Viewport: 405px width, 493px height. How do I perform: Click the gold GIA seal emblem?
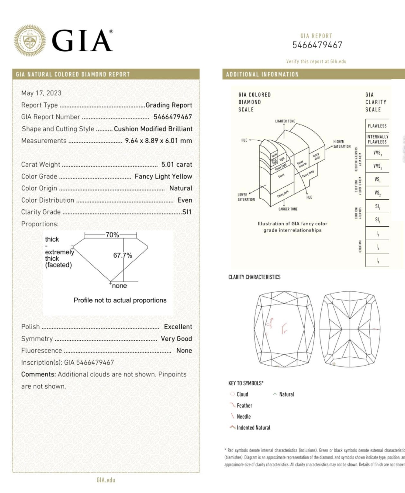coord(29,41)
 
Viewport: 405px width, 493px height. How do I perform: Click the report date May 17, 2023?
coord(41,93)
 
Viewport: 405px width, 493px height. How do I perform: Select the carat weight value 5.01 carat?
coord(176,164)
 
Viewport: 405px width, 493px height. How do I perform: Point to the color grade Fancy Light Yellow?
coord(163,176)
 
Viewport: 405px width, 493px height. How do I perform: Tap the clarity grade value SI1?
coord(187,212)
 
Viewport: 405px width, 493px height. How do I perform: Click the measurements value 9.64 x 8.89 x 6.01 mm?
coord(158,141)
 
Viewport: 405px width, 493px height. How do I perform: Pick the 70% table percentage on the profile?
coord(112,235)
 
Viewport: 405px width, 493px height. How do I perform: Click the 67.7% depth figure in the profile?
coord(122,255)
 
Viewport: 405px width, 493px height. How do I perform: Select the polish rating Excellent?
coord(178,327)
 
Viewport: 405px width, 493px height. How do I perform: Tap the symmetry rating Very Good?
coord(176,339)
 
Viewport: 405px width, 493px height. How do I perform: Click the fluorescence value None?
coord(184,350)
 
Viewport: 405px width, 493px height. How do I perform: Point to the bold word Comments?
coord(39,374)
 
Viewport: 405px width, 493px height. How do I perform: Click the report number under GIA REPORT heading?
coord(317,45)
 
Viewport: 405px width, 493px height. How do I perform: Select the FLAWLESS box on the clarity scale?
coord(377,126)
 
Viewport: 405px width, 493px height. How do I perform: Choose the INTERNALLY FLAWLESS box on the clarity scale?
coord(377,139)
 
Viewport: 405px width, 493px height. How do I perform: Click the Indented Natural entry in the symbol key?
coord(253,427)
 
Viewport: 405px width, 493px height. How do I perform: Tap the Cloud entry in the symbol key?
coord(242,394)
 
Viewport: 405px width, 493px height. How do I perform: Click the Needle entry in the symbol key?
coord(244,417)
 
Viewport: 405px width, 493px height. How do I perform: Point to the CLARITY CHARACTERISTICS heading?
coord(254,277)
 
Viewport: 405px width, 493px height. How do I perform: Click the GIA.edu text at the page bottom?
coord(106,480)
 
